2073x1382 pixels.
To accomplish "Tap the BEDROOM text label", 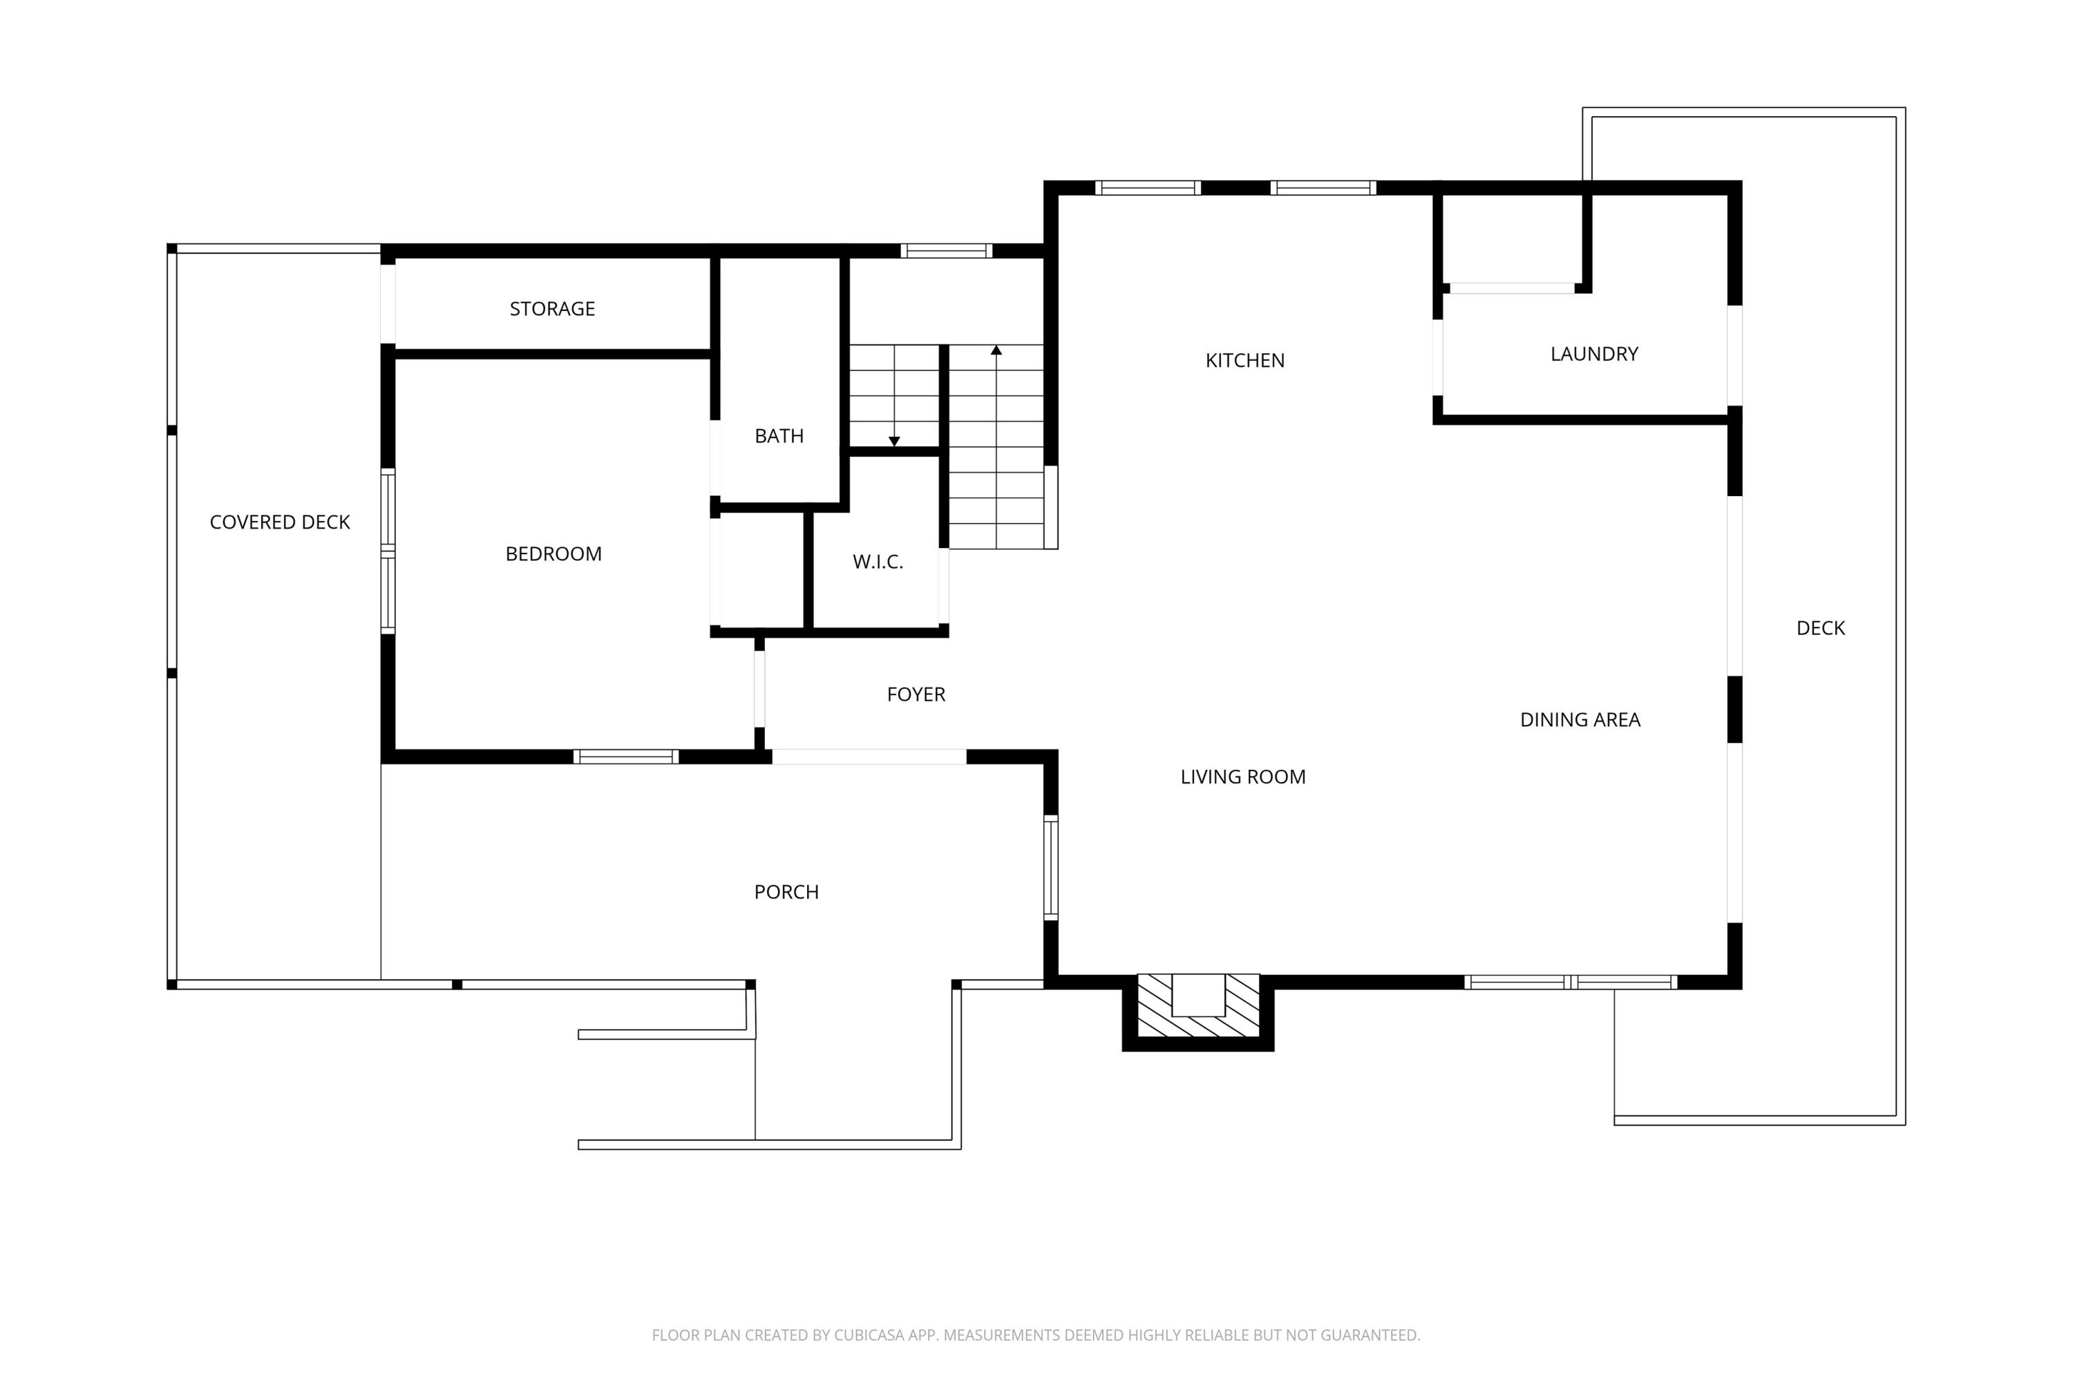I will coord(553,553).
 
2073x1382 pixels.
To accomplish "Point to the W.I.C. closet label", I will coord(877,561).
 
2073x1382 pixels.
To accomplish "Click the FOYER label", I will coord(915,694).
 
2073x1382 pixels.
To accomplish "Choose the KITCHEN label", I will coord(1244,359).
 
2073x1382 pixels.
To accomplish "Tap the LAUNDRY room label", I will coord(1593,353).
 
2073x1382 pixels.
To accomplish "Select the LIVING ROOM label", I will coord(1242,777).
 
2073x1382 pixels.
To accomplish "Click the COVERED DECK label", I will coord(279,522).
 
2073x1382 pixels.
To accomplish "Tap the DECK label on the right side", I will coord(1819,627).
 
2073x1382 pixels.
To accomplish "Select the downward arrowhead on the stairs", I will coord(893,441).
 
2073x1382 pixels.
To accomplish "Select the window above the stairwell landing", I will coord(946,250).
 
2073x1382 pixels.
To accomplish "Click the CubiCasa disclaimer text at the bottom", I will coord(1036,1334).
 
